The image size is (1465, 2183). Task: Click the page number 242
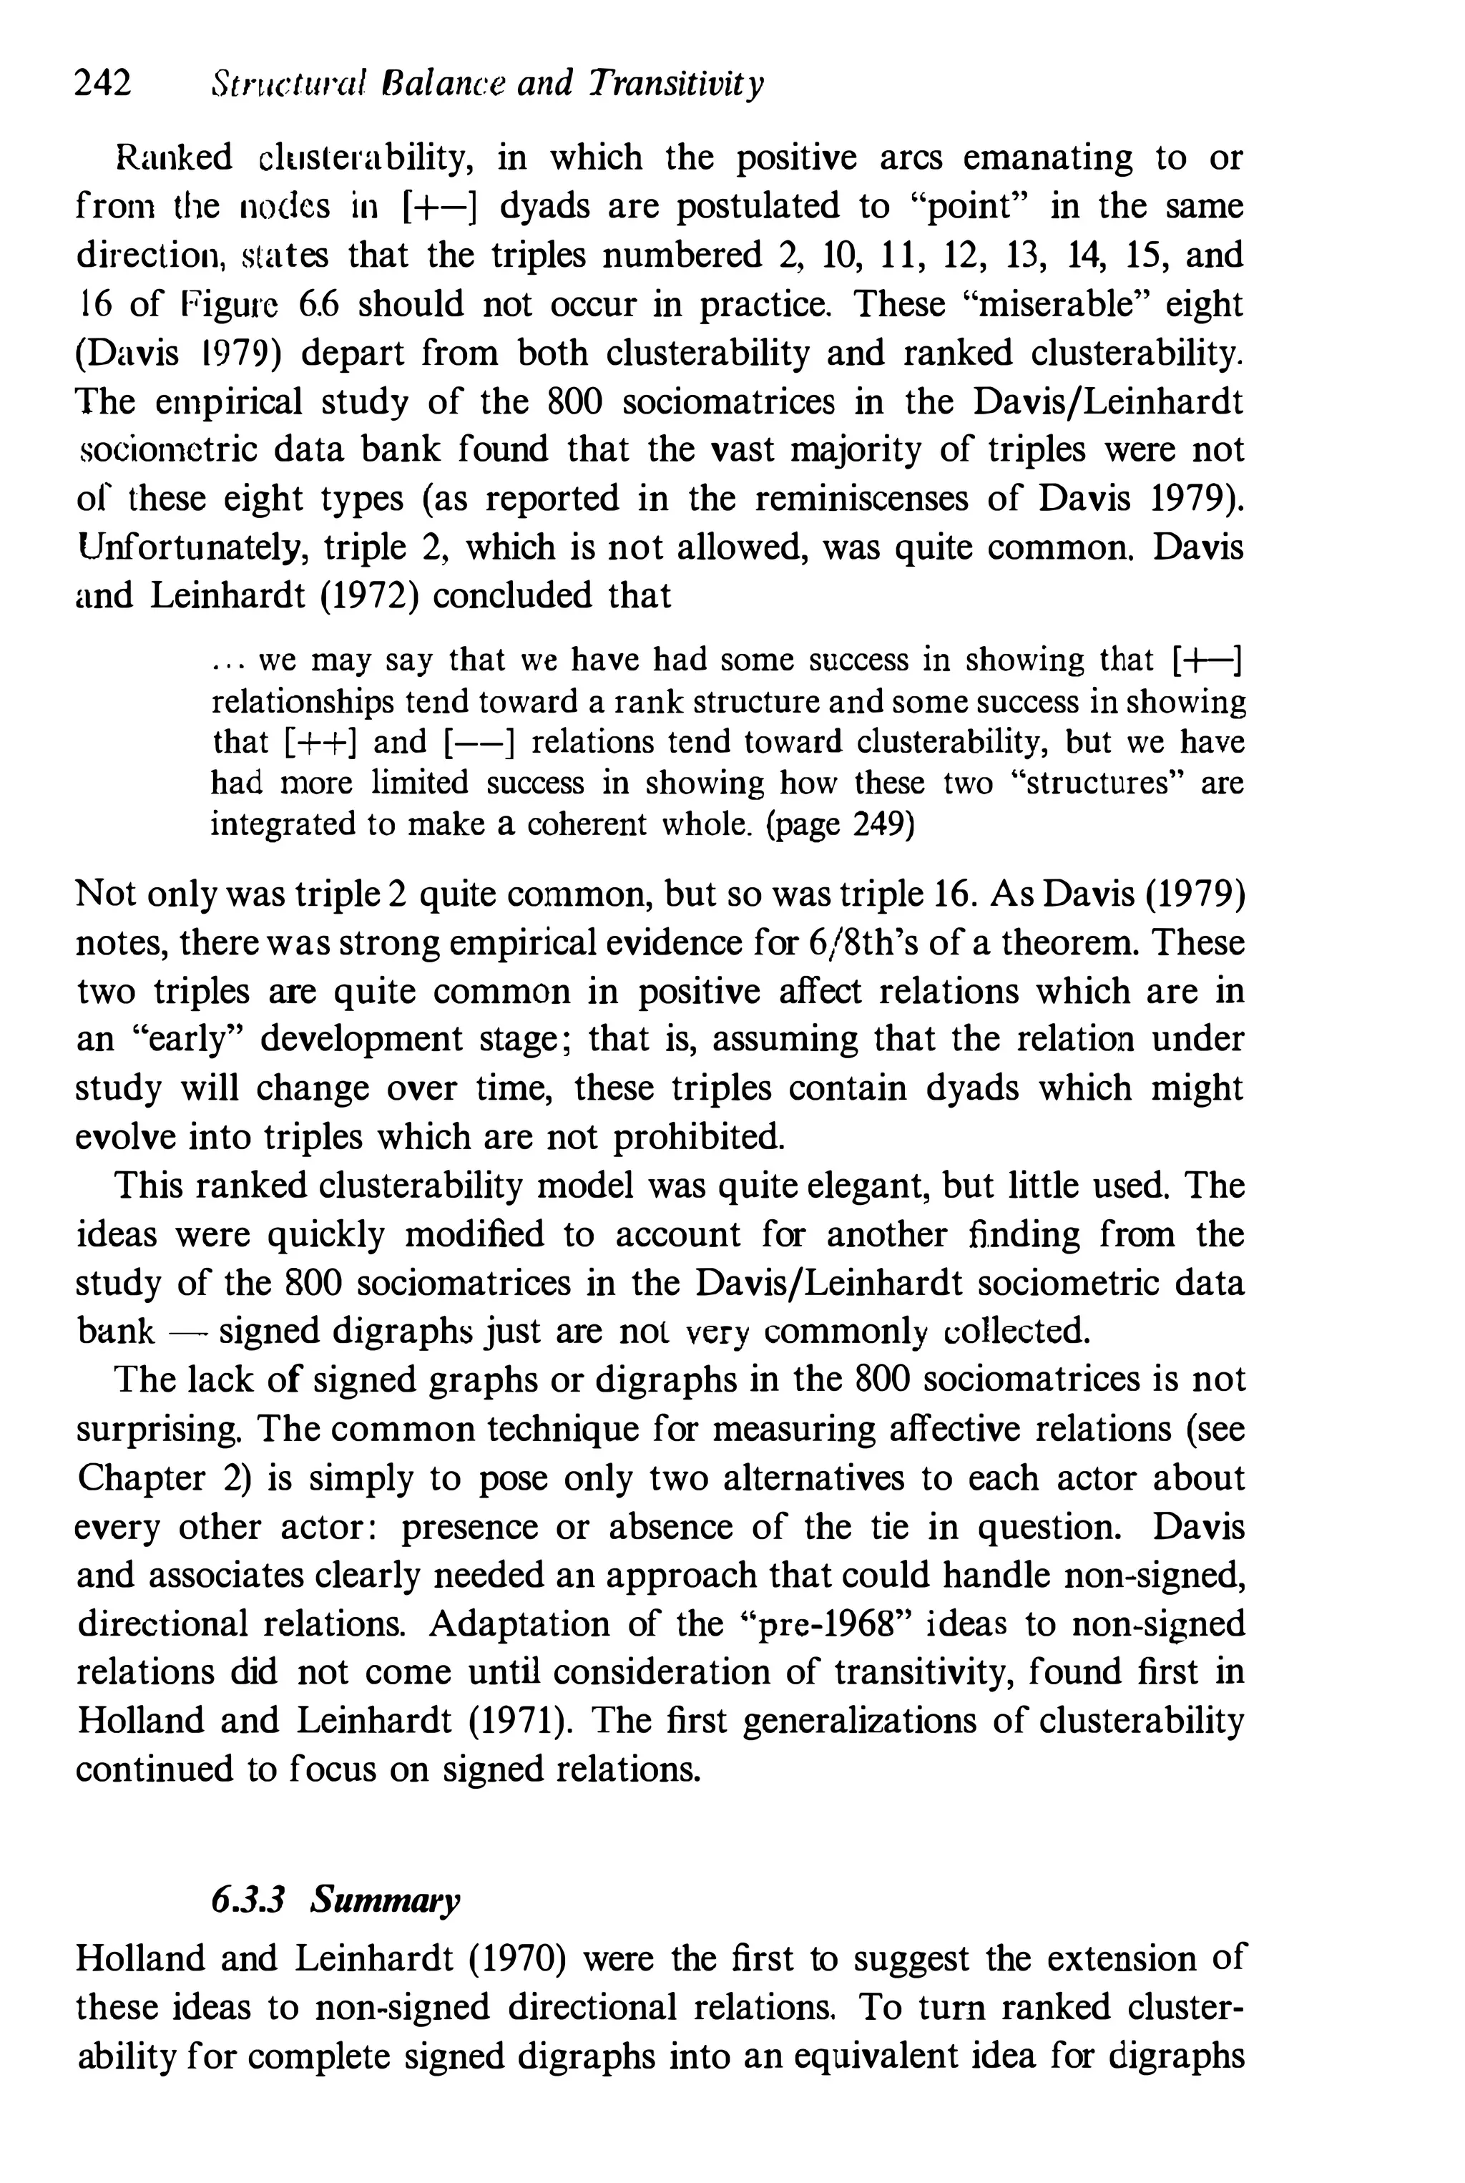coord(103,84)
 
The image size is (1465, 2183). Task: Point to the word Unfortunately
coord(192,547)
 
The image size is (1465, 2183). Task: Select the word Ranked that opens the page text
coord(174,158)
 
